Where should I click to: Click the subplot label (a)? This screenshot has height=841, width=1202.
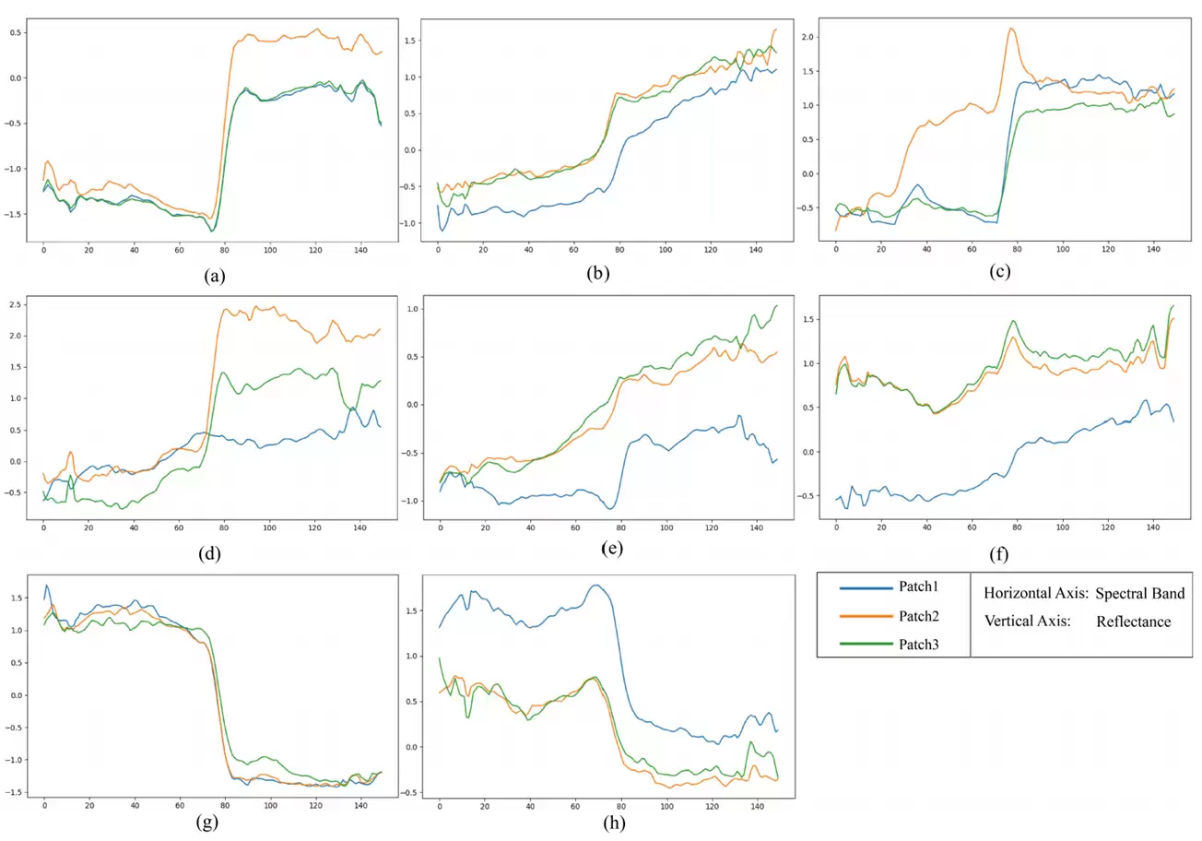(215, 276)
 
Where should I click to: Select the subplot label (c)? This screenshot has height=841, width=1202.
(1000, 271)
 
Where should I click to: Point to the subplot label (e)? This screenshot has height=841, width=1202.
(612, 548)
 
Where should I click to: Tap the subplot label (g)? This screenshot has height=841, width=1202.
(207, 822)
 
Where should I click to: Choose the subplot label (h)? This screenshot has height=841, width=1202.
(614, 823)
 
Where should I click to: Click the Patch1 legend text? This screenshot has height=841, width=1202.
(919, 586)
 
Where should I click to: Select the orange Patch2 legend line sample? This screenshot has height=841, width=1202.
(866, 616)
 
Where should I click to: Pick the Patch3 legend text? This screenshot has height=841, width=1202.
(919, 645)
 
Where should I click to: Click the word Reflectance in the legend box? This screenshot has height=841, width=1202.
(1133, 622)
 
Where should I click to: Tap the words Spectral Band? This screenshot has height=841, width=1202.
(1139, 593)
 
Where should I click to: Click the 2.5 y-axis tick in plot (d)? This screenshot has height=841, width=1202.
(15, 305)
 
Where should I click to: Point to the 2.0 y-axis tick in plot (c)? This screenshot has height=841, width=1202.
(807, 37)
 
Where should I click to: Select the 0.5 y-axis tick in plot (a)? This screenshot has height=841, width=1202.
(15, 33)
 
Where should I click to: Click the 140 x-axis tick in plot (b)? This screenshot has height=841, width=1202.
(756, 250)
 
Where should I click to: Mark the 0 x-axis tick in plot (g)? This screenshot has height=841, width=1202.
(44, 805)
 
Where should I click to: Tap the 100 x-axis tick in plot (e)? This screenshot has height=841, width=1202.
(666, 527)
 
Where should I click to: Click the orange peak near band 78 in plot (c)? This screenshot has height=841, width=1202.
(1011, 29)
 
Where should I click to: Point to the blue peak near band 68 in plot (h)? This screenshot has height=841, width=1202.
(595, 585)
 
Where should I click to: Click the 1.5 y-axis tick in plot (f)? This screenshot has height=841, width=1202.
(807, 319)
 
